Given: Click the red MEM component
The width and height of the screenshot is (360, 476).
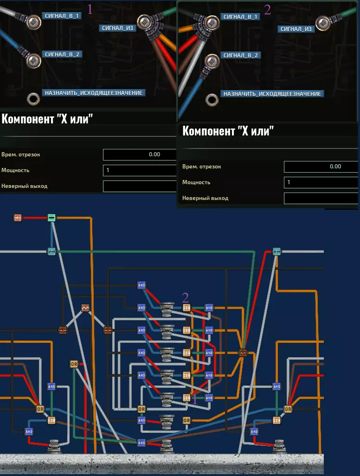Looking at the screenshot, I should [x=18, y=218].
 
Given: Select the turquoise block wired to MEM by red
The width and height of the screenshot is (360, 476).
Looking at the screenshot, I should [x=51, y=218].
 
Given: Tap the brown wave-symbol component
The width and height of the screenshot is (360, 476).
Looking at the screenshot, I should [x=85, y=308].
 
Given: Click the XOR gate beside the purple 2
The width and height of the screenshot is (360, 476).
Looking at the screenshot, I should [x=186, y=308].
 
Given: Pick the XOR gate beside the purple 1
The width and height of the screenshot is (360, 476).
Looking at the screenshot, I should [x=186, y=398].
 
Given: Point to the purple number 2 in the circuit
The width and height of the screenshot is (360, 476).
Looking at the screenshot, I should [x=186, y=297].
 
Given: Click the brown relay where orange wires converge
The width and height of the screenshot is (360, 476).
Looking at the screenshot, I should [x=243, y=353].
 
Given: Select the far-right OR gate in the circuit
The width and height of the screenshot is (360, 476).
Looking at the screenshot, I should [x=288, y=409].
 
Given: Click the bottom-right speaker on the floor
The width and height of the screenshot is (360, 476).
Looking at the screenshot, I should [x=279, y=446].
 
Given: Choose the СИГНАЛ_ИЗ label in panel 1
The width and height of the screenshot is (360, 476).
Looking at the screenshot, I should [x=117, y=28].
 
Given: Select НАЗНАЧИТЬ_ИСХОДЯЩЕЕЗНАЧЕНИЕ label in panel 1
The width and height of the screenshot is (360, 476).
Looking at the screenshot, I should [x=94, y=93].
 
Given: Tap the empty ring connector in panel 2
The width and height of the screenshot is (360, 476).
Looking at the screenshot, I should [x=212, y=99].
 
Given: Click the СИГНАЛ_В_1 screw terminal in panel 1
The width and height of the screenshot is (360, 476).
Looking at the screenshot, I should [x=33, y=21].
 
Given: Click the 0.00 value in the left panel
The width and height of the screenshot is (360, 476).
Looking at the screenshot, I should [x=154, y=154].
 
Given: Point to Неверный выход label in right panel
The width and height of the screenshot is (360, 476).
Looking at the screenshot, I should [x=205, y=198].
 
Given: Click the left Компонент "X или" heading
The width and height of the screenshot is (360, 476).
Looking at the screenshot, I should [x=47, y=118].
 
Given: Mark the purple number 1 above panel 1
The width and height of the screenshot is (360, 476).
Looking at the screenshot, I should [x=90, y=9].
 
